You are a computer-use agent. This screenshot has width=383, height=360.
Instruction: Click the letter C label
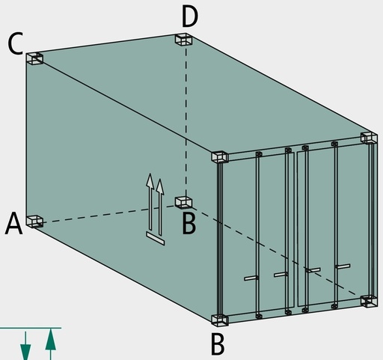tap(16, 43)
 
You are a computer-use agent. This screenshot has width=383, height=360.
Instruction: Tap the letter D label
tap(190, 16)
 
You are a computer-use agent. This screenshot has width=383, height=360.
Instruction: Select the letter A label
tap(14, 223)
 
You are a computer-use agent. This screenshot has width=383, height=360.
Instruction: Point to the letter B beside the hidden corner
tap(189, 224)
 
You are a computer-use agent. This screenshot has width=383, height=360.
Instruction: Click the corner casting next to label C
tap(34, 59)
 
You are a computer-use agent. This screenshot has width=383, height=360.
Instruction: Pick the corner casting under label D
tap(183, 40)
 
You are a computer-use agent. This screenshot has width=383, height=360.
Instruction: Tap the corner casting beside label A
tap(34, 222)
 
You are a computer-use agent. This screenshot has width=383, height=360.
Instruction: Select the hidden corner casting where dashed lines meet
tap(183, 202)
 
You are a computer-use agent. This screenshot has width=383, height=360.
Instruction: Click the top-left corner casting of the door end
tap(220, 157)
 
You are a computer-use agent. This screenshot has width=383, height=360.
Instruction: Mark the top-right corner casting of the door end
tap(369, 138)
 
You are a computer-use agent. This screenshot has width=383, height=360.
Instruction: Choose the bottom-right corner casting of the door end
tap(369, 301)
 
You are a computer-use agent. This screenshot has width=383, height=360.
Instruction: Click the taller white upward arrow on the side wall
tap(150, 201)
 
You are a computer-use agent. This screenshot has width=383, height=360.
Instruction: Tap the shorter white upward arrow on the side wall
tap(160, 207)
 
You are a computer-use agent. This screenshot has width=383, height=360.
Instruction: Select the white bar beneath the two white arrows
tap(156, 239)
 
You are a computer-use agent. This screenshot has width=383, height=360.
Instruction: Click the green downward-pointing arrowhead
tap(25, 352)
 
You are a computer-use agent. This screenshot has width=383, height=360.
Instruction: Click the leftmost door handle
tap(251, 278)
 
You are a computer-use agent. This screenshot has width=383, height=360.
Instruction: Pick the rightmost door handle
tap(343, 266)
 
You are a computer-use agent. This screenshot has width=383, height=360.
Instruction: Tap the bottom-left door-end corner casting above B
tap(220, 320)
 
